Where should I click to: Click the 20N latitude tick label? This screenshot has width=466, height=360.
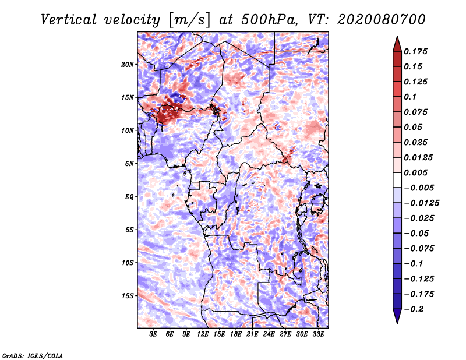(128, 64)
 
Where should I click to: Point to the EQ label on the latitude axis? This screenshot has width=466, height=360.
(129, 196)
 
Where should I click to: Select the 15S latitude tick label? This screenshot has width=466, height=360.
(128, 295)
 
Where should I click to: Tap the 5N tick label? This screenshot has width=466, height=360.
(129, 164)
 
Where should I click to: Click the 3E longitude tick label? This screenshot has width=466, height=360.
(154, 334)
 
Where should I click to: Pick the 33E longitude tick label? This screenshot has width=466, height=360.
(318, 334)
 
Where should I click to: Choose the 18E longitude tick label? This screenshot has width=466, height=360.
(236, 334)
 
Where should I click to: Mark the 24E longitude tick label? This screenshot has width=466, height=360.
(269, 334)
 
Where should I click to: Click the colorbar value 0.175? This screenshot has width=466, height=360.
(416, 51)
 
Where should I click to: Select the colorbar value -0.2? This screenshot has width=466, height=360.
(416, 309)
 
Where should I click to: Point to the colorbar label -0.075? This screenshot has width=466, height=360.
(421, 248)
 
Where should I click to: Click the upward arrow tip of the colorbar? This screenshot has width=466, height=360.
(397, 37)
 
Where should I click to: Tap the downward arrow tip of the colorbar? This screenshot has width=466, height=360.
(397, 322)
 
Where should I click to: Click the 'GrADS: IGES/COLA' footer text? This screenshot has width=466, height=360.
(32, 354)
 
